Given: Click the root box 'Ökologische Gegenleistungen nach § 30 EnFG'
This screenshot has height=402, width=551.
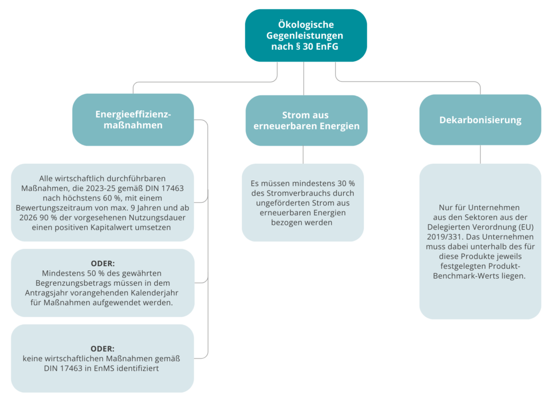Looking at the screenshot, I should [305, 35].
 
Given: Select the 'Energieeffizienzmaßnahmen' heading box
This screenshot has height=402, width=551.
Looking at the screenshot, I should [133, 119].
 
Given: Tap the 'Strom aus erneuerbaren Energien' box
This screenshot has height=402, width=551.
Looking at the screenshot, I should [306, 120].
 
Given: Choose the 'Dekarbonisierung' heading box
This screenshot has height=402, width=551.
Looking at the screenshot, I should [480, 120].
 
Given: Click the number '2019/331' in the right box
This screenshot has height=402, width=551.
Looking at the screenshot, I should [449, 237].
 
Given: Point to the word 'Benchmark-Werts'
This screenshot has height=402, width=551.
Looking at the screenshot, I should [480, 276].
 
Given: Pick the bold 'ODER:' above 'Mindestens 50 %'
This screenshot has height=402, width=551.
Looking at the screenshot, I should [103, 263].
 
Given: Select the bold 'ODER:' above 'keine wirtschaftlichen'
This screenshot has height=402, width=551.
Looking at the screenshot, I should [103, 348].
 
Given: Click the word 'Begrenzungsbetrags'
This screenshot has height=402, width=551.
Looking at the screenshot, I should [72, 283].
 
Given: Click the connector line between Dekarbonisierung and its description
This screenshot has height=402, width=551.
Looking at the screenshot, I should [480, 154].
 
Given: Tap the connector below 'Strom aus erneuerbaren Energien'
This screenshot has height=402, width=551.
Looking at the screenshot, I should [303, 155].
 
